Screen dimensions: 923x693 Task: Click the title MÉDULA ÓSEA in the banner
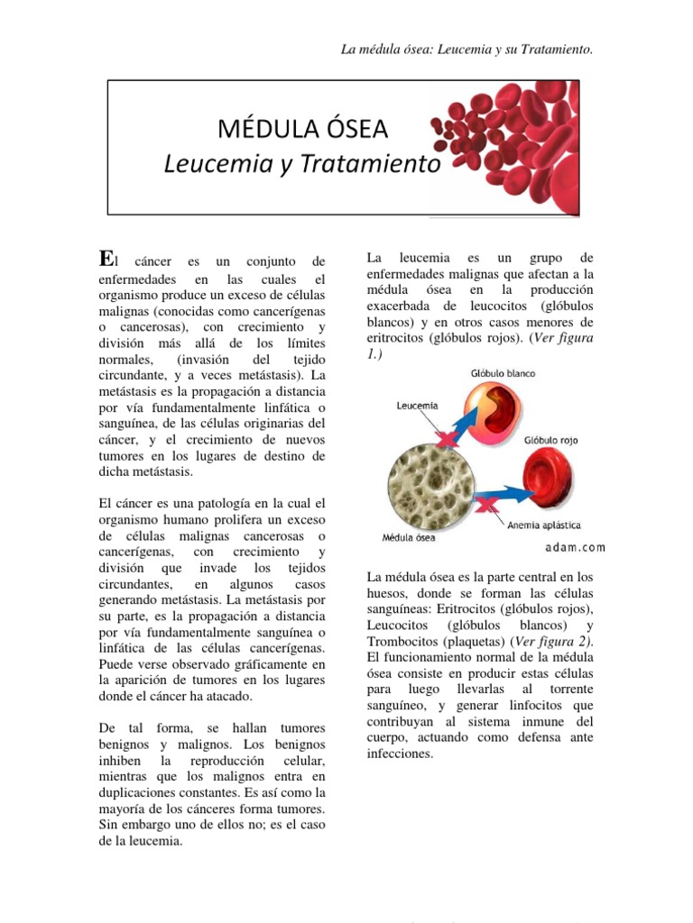click(x=302, y=130)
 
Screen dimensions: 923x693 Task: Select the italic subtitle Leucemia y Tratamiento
click(x=302, y=165)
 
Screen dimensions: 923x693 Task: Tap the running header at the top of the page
click(x=467, y=49)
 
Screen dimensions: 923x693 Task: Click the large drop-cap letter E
click(x=106, y=260)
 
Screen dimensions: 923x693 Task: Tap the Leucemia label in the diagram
click(x=417, y=406)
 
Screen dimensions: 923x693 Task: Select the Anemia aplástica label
click(x=544, y=525)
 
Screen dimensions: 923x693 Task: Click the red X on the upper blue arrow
click(x=444, y=439)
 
